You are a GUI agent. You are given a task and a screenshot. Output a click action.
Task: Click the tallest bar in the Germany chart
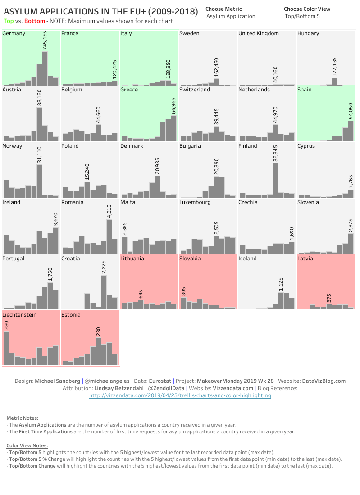coord(45,68)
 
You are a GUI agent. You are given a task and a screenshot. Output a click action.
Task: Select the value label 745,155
coord(45,41)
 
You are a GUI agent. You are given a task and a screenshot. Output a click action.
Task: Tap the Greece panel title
coord(129,90)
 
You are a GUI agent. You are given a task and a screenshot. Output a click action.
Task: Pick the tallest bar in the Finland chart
coord(275,180)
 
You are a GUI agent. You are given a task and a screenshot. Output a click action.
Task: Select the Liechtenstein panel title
coord(19,315)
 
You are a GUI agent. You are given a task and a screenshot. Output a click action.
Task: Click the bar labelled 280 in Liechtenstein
coord(6,348)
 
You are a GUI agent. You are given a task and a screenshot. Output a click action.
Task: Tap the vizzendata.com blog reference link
coord(180,395)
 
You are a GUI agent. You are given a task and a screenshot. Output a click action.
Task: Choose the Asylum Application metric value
coord(231,16)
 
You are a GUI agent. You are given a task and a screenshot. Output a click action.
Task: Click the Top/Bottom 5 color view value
coord(302,16)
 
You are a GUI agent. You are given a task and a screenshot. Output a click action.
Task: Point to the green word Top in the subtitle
coord(9,21)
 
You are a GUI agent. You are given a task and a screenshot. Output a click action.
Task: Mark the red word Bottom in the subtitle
coord(35,21)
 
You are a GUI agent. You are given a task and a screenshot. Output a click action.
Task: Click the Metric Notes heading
coord(22,418)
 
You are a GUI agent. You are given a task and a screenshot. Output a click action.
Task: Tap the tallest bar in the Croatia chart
coord(104,292)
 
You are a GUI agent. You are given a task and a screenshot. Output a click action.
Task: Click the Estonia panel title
coord(71,315)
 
